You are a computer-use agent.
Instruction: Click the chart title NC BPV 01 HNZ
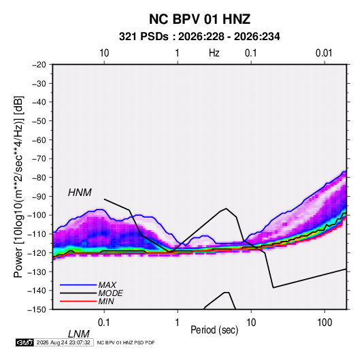click(x=199, y=19)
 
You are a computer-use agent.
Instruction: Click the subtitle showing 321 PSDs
click(x=199, y=37)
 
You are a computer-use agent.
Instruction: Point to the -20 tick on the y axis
click(x=39, y=65)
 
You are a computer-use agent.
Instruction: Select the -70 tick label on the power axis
click(x=39, y=159)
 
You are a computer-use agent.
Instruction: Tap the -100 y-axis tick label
click(x=37, y=215)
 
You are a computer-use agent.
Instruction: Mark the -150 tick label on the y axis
click(x=37, y=310)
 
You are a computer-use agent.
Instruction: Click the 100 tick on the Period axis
click(x=325, y=323)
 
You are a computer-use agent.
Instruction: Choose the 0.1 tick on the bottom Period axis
click(x=104, y=323)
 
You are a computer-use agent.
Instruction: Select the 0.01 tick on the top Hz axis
click(x=324, y=53)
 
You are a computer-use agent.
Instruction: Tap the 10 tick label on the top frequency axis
click(x=104, y=53)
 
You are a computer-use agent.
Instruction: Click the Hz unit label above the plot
click(x=214, y=53)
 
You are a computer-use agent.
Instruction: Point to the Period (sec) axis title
click(x=214, y=330)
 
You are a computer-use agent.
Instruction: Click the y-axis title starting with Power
click(x=18, y=186)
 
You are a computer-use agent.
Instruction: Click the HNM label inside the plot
click(x=80, y=193)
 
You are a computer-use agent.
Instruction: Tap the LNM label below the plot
click(x=79, y=334)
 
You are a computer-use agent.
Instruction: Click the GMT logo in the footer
click(x=25, y=342)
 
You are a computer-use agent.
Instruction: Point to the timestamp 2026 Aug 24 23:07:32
click(x=63, y=342)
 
